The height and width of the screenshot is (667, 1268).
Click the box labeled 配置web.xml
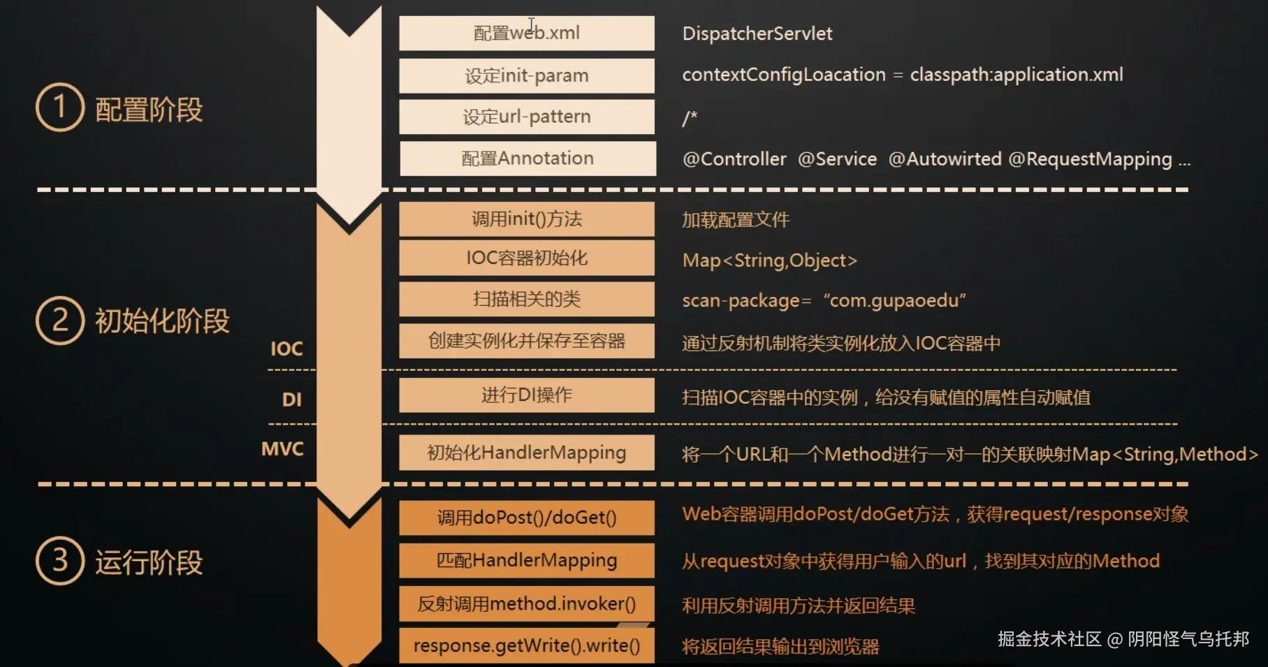(x=527, y=33)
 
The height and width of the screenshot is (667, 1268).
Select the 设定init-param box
(x=527, y=75)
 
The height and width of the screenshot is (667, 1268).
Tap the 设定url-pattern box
(x=527, y=117)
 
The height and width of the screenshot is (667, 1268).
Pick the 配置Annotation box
(x=527, y=159)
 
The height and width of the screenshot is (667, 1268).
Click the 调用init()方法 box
(x=527, y=219)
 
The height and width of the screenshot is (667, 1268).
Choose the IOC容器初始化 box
(x=527, y=258)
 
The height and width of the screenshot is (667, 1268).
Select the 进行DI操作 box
(x=527, y=395)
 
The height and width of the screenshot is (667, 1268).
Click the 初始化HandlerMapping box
(x=527, y=453)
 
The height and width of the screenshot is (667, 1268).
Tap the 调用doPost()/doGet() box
(x=527, y=518)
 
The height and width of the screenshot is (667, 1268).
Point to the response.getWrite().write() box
(x=527, y=645)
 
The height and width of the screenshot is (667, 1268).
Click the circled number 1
(x=60, y=108)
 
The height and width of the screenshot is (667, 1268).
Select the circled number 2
(x=60, y=321)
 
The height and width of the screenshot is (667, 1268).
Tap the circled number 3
(x=60, y=561)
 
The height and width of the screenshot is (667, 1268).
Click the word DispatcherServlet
(x=757, y=34)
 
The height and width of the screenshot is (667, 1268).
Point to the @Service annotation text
(x=837, y=159)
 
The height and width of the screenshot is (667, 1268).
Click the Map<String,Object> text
(x=769, y=261)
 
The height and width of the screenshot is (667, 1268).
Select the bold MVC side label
(x=282, y=448)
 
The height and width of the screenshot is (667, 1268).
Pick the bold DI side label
(x=291, y=400)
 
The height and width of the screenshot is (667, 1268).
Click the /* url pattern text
(x=690, y=117)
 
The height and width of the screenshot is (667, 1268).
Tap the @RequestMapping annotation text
(x=1090, y=159)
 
